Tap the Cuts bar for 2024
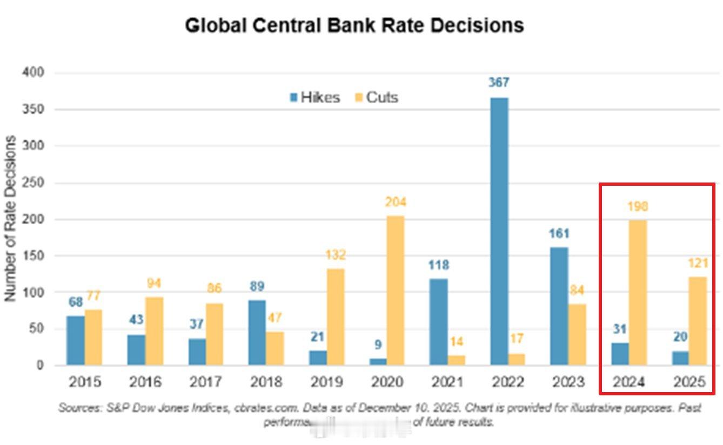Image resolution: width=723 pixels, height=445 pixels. click(x=638, y=292)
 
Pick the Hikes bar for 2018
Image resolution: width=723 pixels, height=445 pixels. click(x=258, y=332)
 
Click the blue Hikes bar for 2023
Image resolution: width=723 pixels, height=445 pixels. click(x=559, y=306)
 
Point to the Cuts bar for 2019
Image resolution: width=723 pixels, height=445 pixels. click(x=335, y=316)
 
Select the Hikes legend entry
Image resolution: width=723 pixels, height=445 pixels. click(x=315, y=98)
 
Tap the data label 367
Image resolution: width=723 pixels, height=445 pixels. click(x=499, y=83)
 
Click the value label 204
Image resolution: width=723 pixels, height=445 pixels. click(x=396, y=203)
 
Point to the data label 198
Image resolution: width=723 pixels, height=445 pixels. click(x=638, y=206)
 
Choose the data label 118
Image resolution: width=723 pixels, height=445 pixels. click(x=438, y=265)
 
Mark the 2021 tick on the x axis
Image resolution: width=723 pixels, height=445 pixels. click(x=447, y=382)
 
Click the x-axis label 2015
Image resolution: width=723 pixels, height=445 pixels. click(x=84, y=382)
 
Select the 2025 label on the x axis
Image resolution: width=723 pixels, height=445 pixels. click(x=689, y=382)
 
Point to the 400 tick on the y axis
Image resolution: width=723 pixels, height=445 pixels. click(x=34, y=72)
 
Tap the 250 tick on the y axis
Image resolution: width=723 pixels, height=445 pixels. click(x=34, y=183)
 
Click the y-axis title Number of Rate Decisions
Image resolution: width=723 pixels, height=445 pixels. click(x=10, y=219)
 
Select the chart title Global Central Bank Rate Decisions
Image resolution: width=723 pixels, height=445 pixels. click(x=354, y=25)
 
